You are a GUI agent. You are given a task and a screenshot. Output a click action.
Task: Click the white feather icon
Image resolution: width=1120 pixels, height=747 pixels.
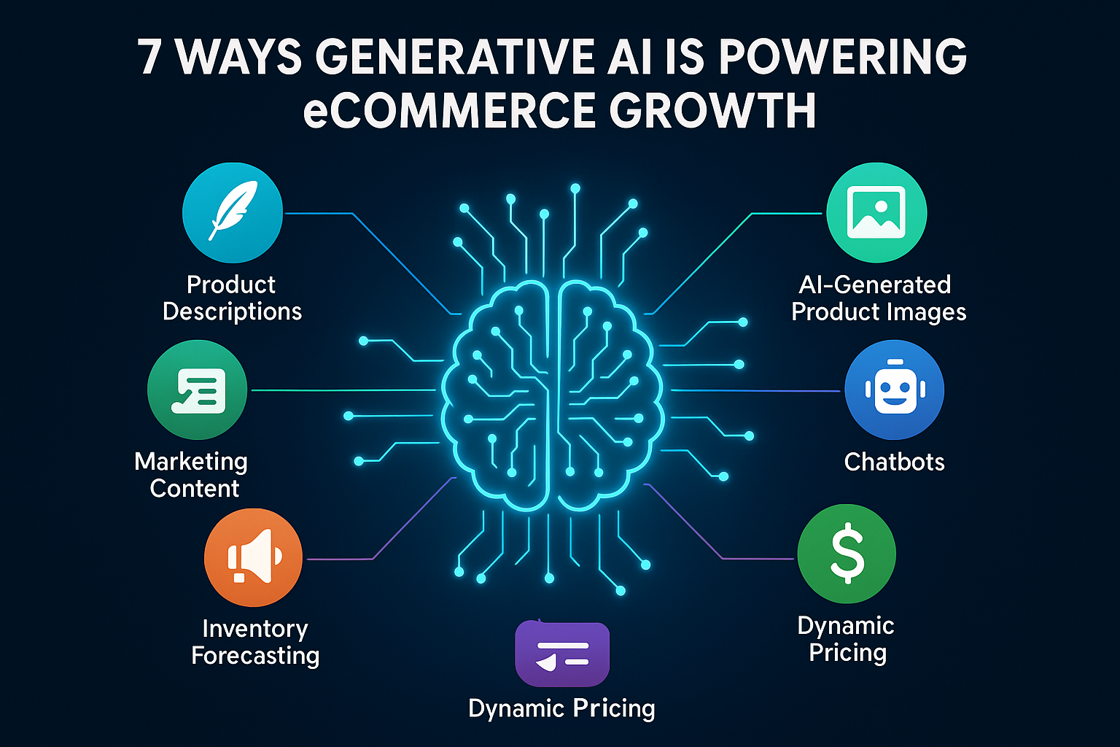(x=233, y=211)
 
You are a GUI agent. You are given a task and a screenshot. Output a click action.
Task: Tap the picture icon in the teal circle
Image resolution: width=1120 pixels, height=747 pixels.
(x=876, y=212)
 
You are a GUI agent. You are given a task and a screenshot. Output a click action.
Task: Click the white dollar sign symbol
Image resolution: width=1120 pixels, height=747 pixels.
(x=847, y=554)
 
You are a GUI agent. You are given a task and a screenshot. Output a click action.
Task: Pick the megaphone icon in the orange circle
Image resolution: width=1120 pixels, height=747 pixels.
(x=253, y=557)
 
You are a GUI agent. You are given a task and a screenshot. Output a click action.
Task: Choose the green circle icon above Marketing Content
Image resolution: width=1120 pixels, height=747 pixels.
(x=198, y=390)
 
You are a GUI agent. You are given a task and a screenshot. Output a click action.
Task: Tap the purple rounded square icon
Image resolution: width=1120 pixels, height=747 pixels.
(x=562, y=654)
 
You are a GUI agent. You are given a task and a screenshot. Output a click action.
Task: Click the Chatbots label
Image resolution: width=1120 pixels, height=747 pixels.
(x=894, y=462)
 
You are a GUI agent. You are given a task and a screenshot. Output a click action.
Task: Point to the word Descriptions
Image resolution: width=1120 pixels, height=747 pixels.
(x=232, y=311)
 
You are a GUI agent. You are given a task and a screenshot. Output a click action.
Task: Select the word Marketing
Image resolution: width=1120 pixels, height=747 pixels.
(x=191, y=462)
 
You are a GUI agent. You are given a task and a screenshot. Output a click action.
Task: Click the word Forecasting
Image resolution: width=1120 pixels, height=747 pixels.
(x=255, y=656)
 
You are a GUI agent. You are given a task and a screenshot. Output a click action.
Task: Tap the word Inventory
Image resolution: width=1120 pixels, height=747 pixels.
(x=255, y=629)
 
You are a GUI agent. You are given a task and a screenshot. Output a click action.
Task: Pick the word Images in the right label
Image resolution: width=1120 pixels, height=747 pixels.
(x=922, y=312)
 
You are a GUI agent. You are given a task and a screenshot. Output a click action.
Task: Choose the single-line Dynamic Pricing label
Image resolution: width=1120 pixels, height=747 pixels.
(x=561, y=708)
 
